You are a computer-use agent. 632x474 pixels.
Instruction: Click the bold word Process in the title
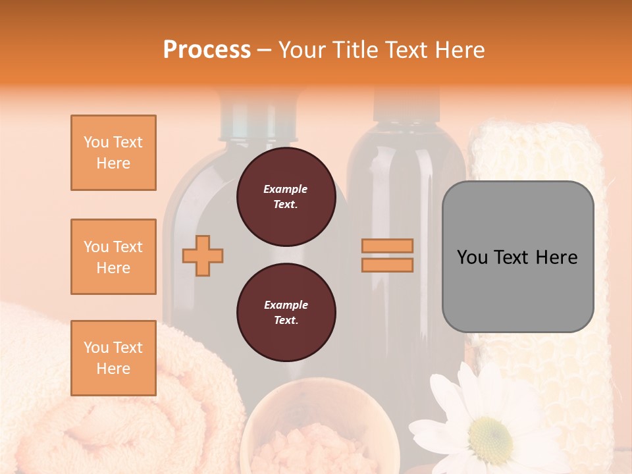[207, 50]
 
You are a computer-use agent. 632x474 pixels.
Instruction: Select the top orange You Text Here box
[113, 153]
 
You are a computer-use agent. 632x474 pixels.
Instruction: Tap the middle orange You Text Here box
[113, 257]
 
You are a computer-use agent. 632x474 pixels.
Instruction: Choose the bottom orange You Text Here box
[113, 358]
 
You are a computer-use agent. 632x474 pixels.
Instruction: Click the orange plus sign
[203, 255]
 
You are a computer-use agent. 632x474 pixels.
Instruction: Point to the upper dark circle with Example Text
[286, 197]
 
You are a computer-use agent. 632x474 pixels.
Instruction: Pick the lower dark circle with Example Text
[286, 313]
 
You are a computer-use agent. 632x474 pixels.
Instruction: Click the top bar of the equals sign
[387, 246]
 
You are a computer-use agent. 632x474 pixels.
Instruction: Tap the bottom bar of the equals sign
[387, 265]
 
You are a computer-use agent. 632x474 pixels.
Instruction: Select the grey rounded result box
[517, 257]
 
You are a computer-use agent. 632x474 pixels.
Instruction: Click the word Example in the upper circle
[286, 189]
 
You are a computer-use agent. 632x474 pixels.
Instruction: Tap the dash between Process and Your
[264, 50]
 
